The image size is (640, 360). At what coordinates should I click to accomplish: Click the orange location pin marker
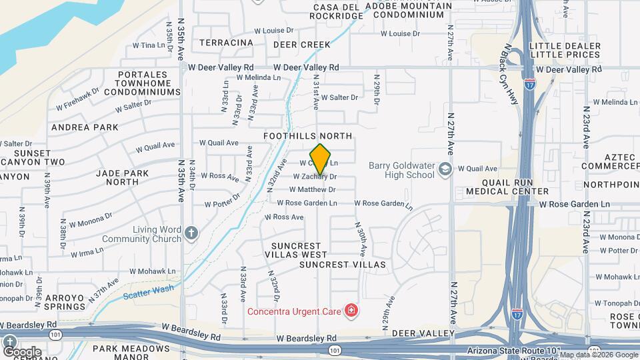click(x=321, y=159)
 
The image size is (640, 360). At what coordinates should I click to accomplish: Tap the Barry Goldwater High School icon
click(x=445, y=169)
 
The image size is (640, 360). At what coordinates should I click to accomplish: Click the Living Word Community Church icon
click(x=191, y=233)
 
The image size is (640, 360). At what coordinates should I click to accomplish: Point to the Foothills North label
click(x=307, y=136)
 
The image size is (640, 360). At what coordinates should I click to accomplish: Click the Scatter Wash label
click(x=148, y=290)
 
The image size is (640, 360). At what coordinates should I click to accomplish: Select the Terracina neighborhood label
click(x=227, y=43)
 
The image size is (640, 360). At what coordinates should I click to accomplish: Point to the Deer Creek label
click(x=301, y=45)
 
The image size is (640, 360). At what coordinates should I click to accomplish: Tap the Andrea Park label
click(x=85, y=127)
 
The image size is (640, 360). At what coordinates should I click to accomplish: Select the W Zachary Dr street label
click(x=315, y=177)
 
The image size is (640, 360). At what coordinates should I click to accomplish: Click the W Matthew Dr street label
click(x=312, y=189)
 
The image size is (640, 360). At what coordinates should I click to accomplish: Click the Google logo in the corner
click(x=22, y=351)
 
